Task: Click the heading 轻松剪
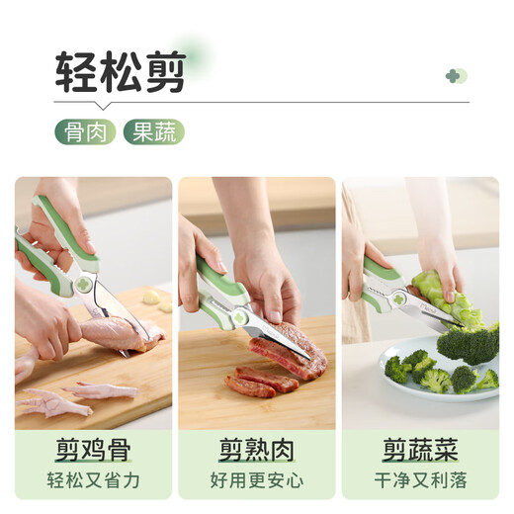point(121,72)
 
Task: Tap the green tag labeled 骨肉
point(85,131)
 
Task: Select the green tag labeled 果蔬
point(154,131)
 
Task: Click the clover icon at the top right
point(456,76)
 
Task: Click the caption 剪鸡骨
point(93,450)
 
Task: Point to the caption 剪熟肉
point(257,450)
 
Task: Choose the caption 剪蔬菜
point(420,450)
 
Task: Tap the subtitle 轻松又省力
point(93,480)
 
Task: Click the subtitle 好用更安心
point(257,480)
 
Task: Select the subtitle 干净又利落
point(420,480)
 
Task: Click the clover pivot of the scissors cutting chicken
point(84,285)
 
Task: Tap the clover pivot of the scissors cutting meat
point(240,318)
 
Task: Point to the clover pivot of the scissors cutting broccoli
point(398,300)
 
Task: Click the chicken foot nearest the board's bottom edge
point(54,402)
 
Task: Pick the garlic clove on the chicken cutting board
point(151,297)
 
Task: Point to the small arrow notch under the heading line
point(103,106)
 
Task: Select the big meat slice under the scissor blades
point(289,351)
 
